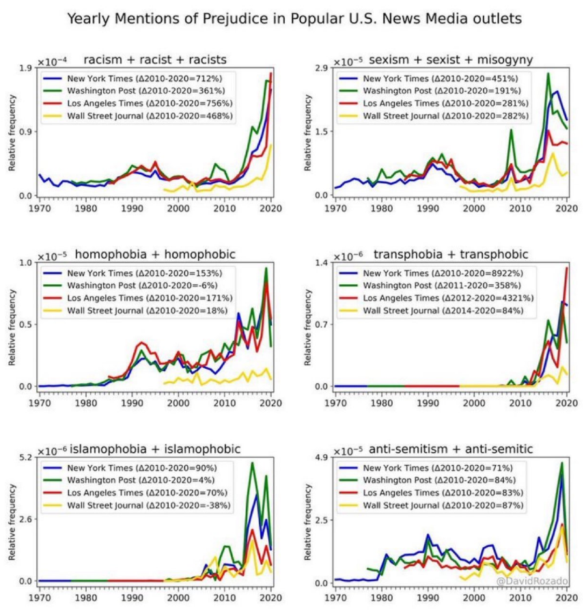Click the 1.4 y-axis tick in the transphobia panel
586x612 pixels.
tap(321, 262)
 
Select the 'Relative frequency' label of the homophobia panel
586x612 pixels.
tap(12, 325)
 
